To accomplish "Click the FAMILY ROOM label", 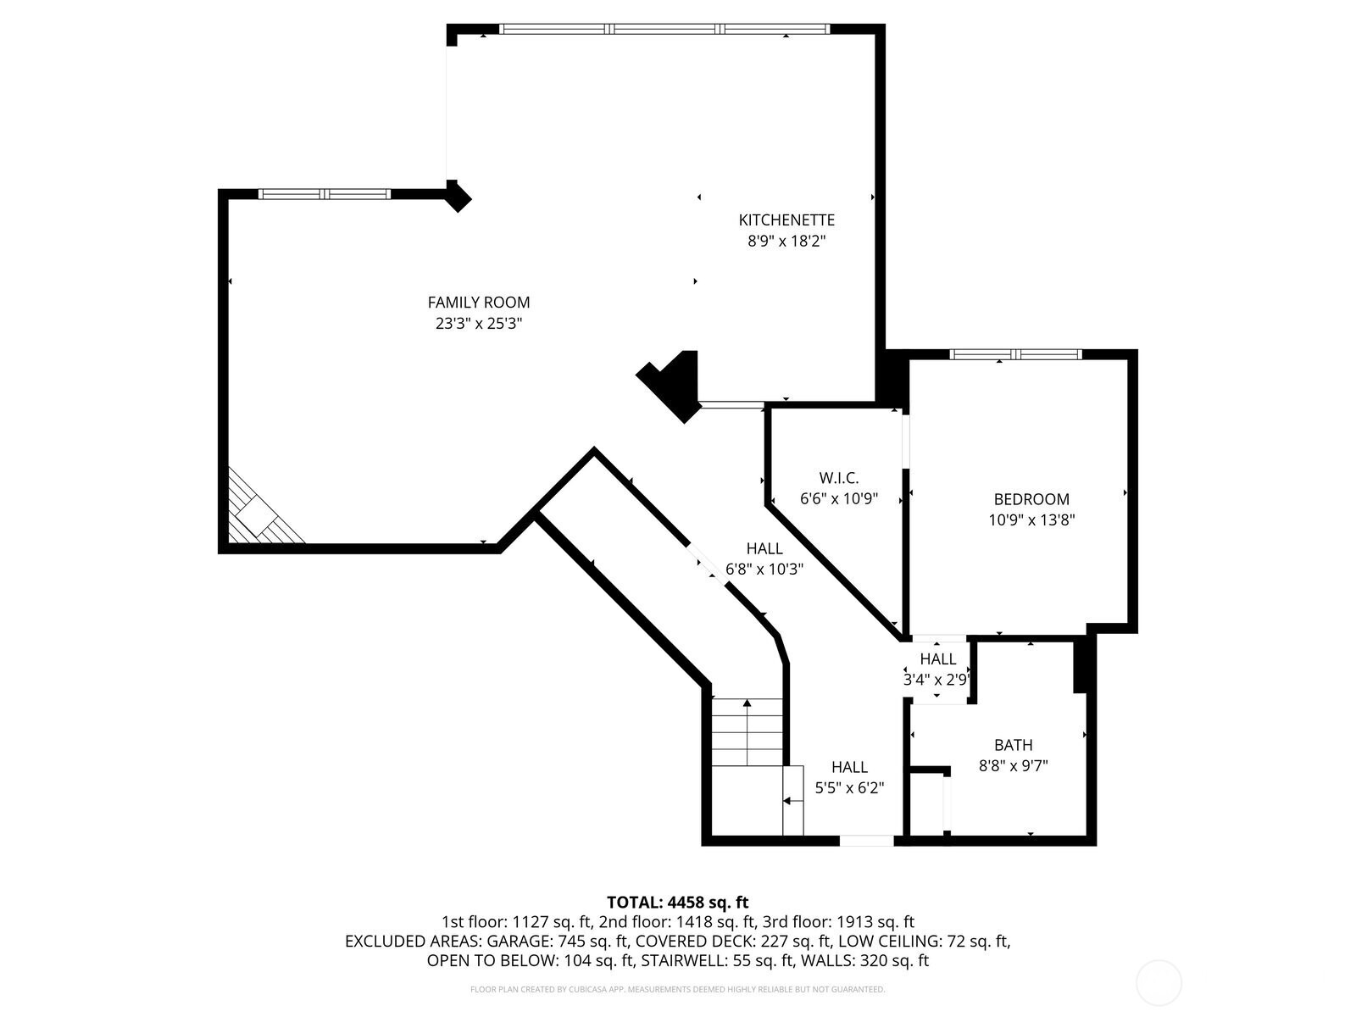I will coord(478,303).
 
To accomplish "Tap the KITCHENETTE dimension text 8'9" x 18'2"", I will coord(786,242).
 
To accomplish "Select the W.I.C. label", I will coord(838,478).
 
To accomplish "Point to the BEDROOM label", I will coord(1031,499).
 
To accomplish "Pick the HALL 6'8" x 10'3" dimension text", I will coord(764,570).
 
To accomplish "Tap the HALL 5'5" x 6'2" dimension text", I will coord(848,787).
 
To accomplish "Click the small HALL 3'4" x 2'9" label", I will coord(937,659).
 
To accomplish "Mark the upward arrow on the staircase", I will coord(747,703).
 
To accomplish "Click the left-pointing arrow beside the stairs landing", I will coord(788,800).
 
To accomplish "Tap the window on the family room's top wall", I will coord(324,194).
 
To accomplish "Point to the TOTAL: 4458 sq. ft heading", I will coord(677,902).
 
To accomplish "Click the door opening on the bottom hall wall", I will coord(866,841).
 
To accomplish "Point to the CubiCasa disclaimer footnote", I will coord(677,989).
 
